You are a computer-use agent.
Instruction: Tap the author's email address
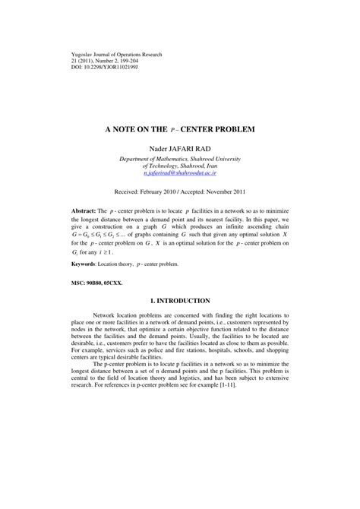point(180,173)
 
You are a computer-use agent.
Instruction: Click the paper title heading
point(180,128)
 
